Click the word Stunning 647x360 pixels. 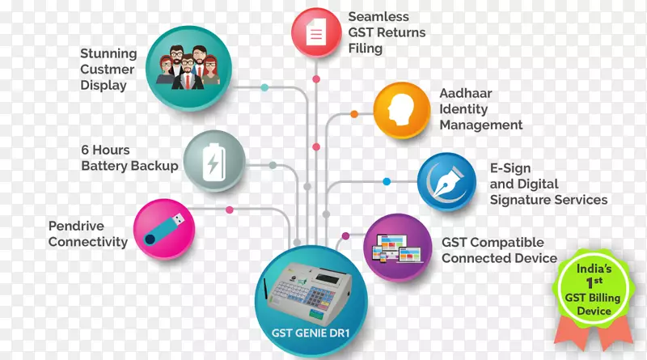point(108,54)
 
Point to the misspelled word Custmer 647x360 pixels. point(108,70)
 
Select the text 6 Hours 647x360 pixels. point(105,150)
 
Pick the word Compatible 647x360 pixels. point(506,243)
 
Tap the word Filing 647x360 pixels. point(366,48)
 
